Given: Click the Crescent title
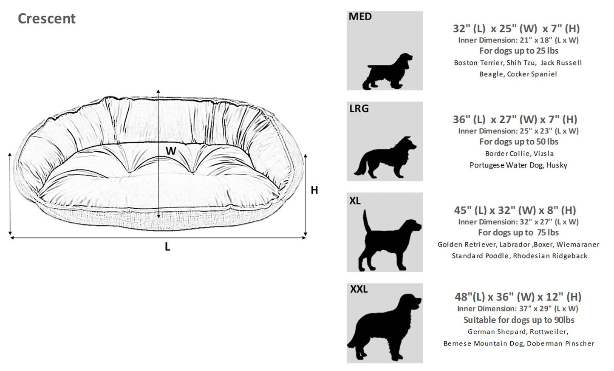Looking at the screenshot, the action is pyautogui.click(x=47, y=19).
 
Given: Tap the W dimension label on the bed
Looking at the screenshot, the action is pyautogui.click(x=171, y=151).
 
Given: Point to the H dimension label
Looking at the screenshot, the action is pyautogui.click(x=314, y=190).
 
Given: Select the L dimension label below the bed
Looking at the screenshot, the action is pyautogui.click(x=167, y=247).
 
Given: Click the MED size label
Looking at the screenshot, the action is pyautogui.click(x=360, y=17).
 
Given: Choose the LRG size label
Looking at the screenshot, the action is pyautogui.click(x=359, y=109).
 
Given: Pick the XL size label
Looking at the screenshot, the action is pyautogui.click(x=355, y=201).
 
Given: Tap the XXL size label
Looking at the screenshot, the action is pyautogui.click(x=359, y=289).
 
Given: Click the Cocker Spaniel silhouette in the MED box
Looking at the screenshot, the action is pyautogui.click(x=388, y=71).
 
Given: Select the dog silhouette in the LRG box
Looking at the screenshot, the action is pyautogui.click(x=385, y=157).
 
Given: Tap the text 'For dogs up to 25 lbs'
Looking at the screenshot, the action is pyautogui.click(x=519, y=51).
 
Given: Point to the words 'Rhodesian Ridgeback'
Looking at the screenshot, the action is pyautogui.click(x=550, y=256).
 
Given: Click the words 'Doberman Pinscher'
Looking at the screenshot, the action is pyautogui.click(x=560, y=343).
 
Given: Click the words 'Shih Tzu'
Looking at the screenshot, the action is pyautogui.click(x=521, y=63).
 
